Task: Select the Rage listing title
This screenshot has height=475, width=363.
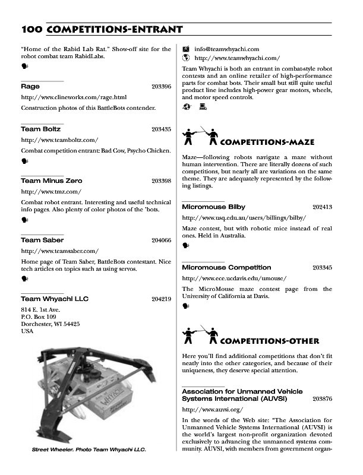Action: [30, 87]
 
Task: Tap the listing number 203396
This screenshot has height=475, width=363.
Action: [161, 87]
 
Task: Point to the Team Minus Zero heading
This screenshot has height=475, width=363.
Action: [52, 180]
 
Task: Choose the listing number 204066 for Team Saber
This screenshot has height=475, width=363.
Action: [161, 240]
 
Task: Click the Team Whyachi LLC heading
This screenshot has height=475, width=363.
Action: [55, 299]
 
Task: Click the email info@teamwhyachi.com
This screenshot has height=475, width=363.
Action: [226, 49]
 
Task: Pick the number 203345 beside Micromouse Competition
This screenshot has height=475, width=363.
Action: [322, 268]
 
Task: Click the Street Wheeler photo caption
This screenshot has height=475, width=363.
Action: [89, 449]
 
